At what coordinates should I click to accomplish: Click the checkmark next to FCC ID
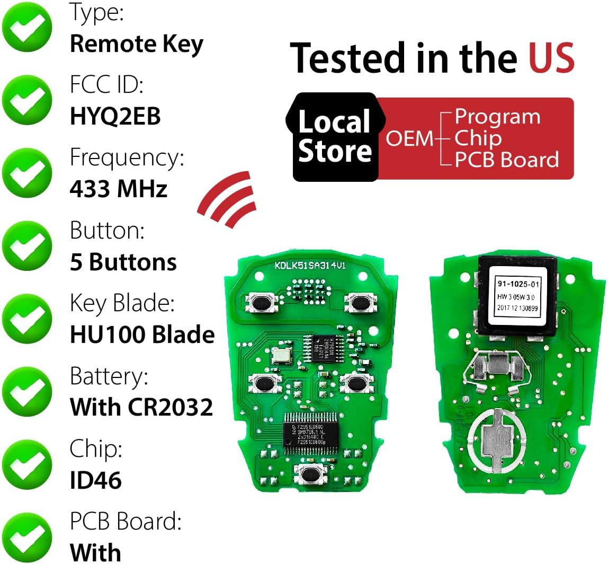tap(28, 99)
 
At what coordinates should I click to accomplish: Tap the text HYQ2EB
tap(115, 117)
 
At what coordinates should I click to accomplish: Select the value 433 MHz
tap(119, 189)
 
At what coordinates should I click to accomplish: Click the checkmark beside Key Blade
tap(28, 319)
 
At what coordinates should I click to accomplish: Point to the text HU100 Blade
tap(142, 334)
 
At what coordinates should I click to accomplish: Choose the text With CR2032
tap(141, 407)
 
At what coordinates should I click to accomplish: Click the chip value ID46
tap(96, 480)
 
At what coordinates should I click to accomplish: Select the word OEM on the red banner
tap(409, 139)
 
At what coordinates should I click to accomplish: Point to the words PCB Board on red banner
tap(507, 160)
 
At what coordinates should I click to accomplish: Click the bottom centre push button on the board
tap(309, 473)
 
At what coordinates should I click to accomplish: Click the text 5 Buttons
tap(123, 262)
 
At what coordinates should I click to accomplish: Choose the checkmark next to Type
tap(28, 27)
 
